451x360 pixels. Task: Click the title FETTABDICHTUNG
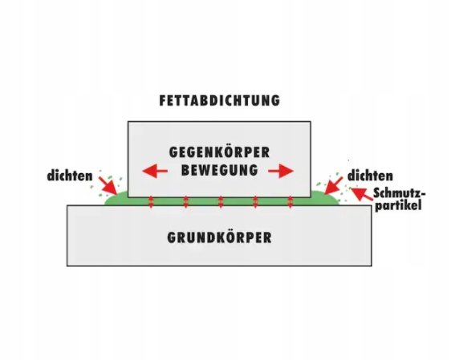point(219,100)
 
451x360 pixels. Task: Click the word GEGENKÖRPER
point(219,152)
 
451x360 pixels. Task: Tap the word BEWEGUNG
point(219,170)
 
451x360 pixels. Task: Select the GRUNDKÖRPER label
point(219,238)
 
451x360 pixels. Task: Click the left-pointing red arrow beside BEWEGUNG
point(155,171)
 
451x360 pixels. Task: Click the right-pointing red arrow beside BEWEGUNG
point(281,171)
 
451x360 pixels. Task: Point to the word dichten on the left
point(70,176)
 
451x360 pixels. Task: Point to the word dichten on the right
point(370,176)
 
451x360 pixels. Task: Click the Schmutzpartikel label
point(399,200)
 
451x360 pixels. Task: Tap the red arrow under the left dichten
point(108,185)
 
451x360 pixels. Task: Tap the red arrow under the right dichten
point(333,185)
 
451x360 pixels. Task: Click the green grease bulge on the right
point(325,198)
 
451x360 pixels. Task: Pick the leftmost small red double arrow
point(151,202)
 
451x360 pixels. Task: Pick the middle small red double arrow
point(221,202)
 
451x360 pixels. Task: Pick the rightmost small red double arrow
point(291,202)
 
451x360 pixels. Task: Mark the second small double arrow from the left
point(186,202)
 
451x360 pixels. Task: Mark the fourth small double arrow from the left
point(255,202)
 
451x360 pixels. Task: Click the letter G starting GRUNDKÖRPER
point(172,238)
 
